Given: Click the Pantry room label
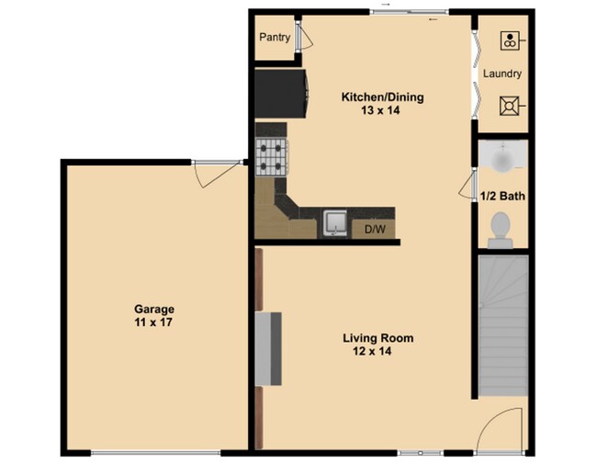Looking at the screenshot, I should tap(275, 38).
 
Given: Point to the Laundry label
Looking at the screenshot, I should tap(502, 74).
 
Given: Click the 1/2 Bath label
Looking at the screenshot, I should tap(502, 195).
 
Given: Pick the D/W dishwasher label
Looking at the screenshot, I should tap(374, 228).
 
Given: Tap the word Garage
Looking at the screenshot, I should tap(153, 310).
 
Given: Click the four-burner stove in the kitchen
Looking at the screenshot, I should tap(273, 155).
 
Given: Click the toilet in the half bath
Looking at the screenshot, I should tap(501, 228).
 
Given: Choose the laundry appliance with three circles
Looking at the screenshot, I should tap(510, 40).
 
